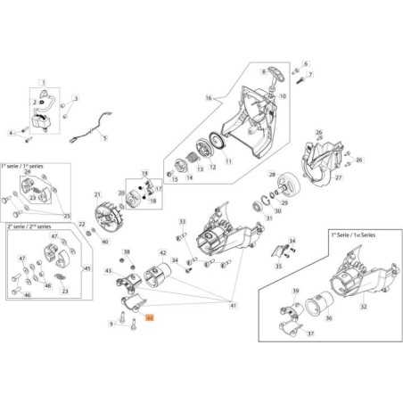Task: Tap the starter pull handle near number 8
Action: tap(273, 73)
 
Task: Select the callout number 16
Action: tap(208, 98)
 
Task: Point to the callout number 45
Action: tap(86, 268)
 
